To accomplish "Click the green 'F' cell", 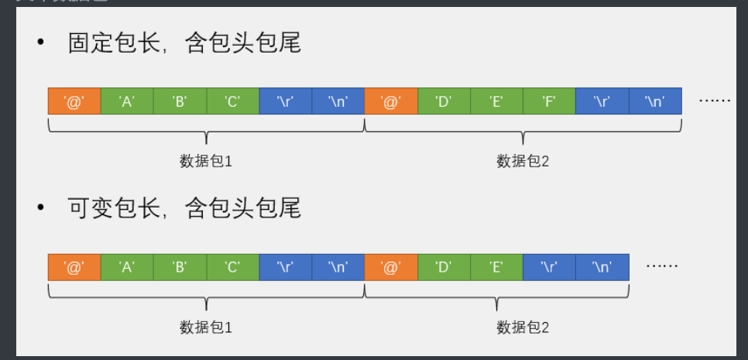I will click(549, 101).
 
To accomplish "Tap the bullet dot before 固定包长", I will click(41, 43).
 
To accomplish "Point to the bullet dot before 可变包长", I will click(41, 208).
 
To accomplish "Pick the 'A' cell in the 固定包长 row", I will click(127, 101).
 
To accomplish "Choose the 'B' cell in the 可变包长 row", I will click(180, 267).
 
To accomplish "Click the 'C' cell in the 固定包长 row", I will click(232, 101).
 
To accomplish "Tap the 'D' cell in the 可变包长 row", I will click(443, 267).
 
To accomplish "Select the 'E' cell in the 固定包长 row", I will click(496, 101).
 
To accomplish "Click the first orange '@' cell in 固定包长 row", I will click(74, 101).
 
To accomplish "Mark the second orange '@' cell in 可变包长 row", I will click(390, 267).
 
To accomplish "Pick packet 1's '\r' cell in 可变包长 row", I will click(285, 267).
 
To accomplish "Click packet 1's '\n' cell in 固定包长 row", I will click(338, 101).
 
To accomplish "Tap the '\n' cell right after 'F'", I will click(655, 101).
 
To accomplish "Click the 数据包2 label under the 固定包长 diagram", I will click(523, 162).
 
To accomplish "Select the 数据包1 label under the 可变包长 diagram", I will click(206, 327).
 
